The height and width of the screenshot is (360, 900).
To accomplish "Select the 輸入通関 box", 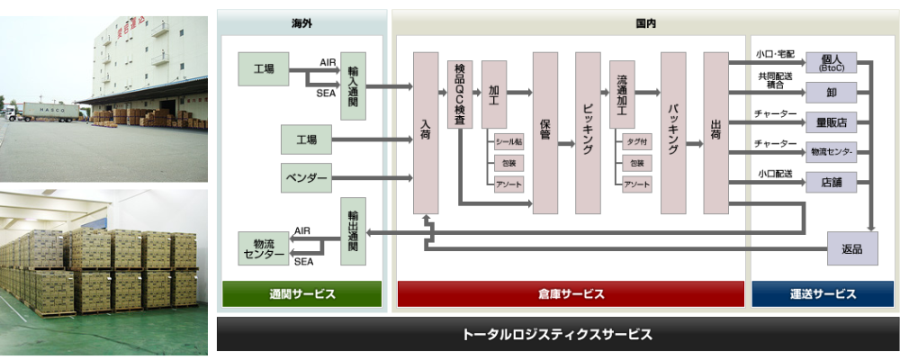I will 354,85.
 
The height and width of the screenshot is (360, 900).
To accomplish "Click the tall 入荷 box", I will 426,132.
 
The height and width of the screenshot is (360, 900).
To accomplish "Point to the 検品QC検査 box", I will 460,95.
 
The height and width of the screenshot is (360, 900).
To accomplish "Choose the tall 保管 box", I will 545,132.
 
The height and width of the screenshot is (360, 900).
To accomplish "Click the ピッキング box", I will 588,132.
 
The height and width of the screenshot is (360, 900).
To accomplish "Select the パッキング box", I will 673,132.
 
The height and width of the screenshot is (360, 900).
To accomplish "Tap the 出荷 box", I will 715,132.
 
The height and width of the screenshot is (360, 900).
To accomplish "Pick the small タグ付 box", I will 637,141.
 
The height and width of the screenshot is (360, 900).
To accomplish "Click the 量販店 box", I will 829,122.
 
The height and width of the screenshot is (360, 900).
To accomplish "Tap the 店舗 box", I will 829,182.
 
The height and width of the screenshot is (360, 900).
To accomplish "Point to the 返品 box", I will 851,247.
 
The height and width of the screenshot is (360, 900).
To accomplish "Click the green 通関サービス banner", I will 301,294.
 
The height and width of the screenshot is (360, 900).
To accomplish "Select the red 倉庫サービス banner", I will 571,294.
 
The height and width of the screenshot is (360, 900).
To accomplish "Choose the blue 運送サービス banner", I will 823,294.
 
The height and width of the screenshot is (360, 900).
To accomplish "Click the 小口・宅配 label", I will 775,54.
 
